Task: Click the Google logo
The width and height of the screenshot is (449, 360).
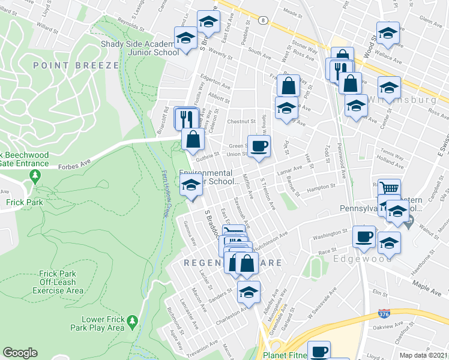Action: pyautogui.click(x=20, y=353)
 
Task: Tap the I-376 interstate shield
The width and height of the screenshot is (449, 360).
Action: pyautogui.click(x=383, y=313)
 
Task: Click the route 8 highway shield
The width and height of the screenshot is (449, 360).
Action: pyautogui.click(x=263, y=20)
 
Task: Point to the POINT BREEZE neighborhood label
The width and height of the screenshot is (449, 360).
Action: pyautogui.click(x=76, y=65)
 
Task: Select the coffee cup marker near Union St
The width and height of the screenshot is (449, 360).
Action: pyautogui.click(x=259, y=146)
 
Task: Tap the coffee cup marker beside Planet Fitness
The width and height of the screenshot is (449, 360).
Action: pyautogui.click(x=319, y=351)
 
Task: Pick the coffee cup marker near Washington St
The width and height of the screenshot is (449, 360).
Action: pyautogui.click(x=364, y=236)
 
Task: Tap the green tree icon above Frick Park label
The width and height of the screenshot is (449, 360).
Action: pyautogui.click(x=35, y=176)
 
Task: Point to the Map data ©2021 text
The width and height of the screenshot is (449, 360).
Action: pyautogui.click(x=424, y=355)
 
